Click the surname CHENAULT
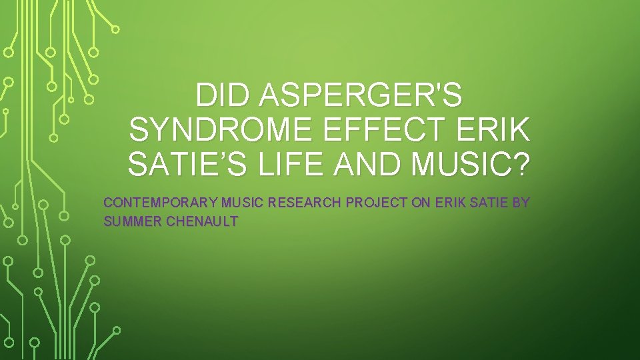point(201,221)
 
